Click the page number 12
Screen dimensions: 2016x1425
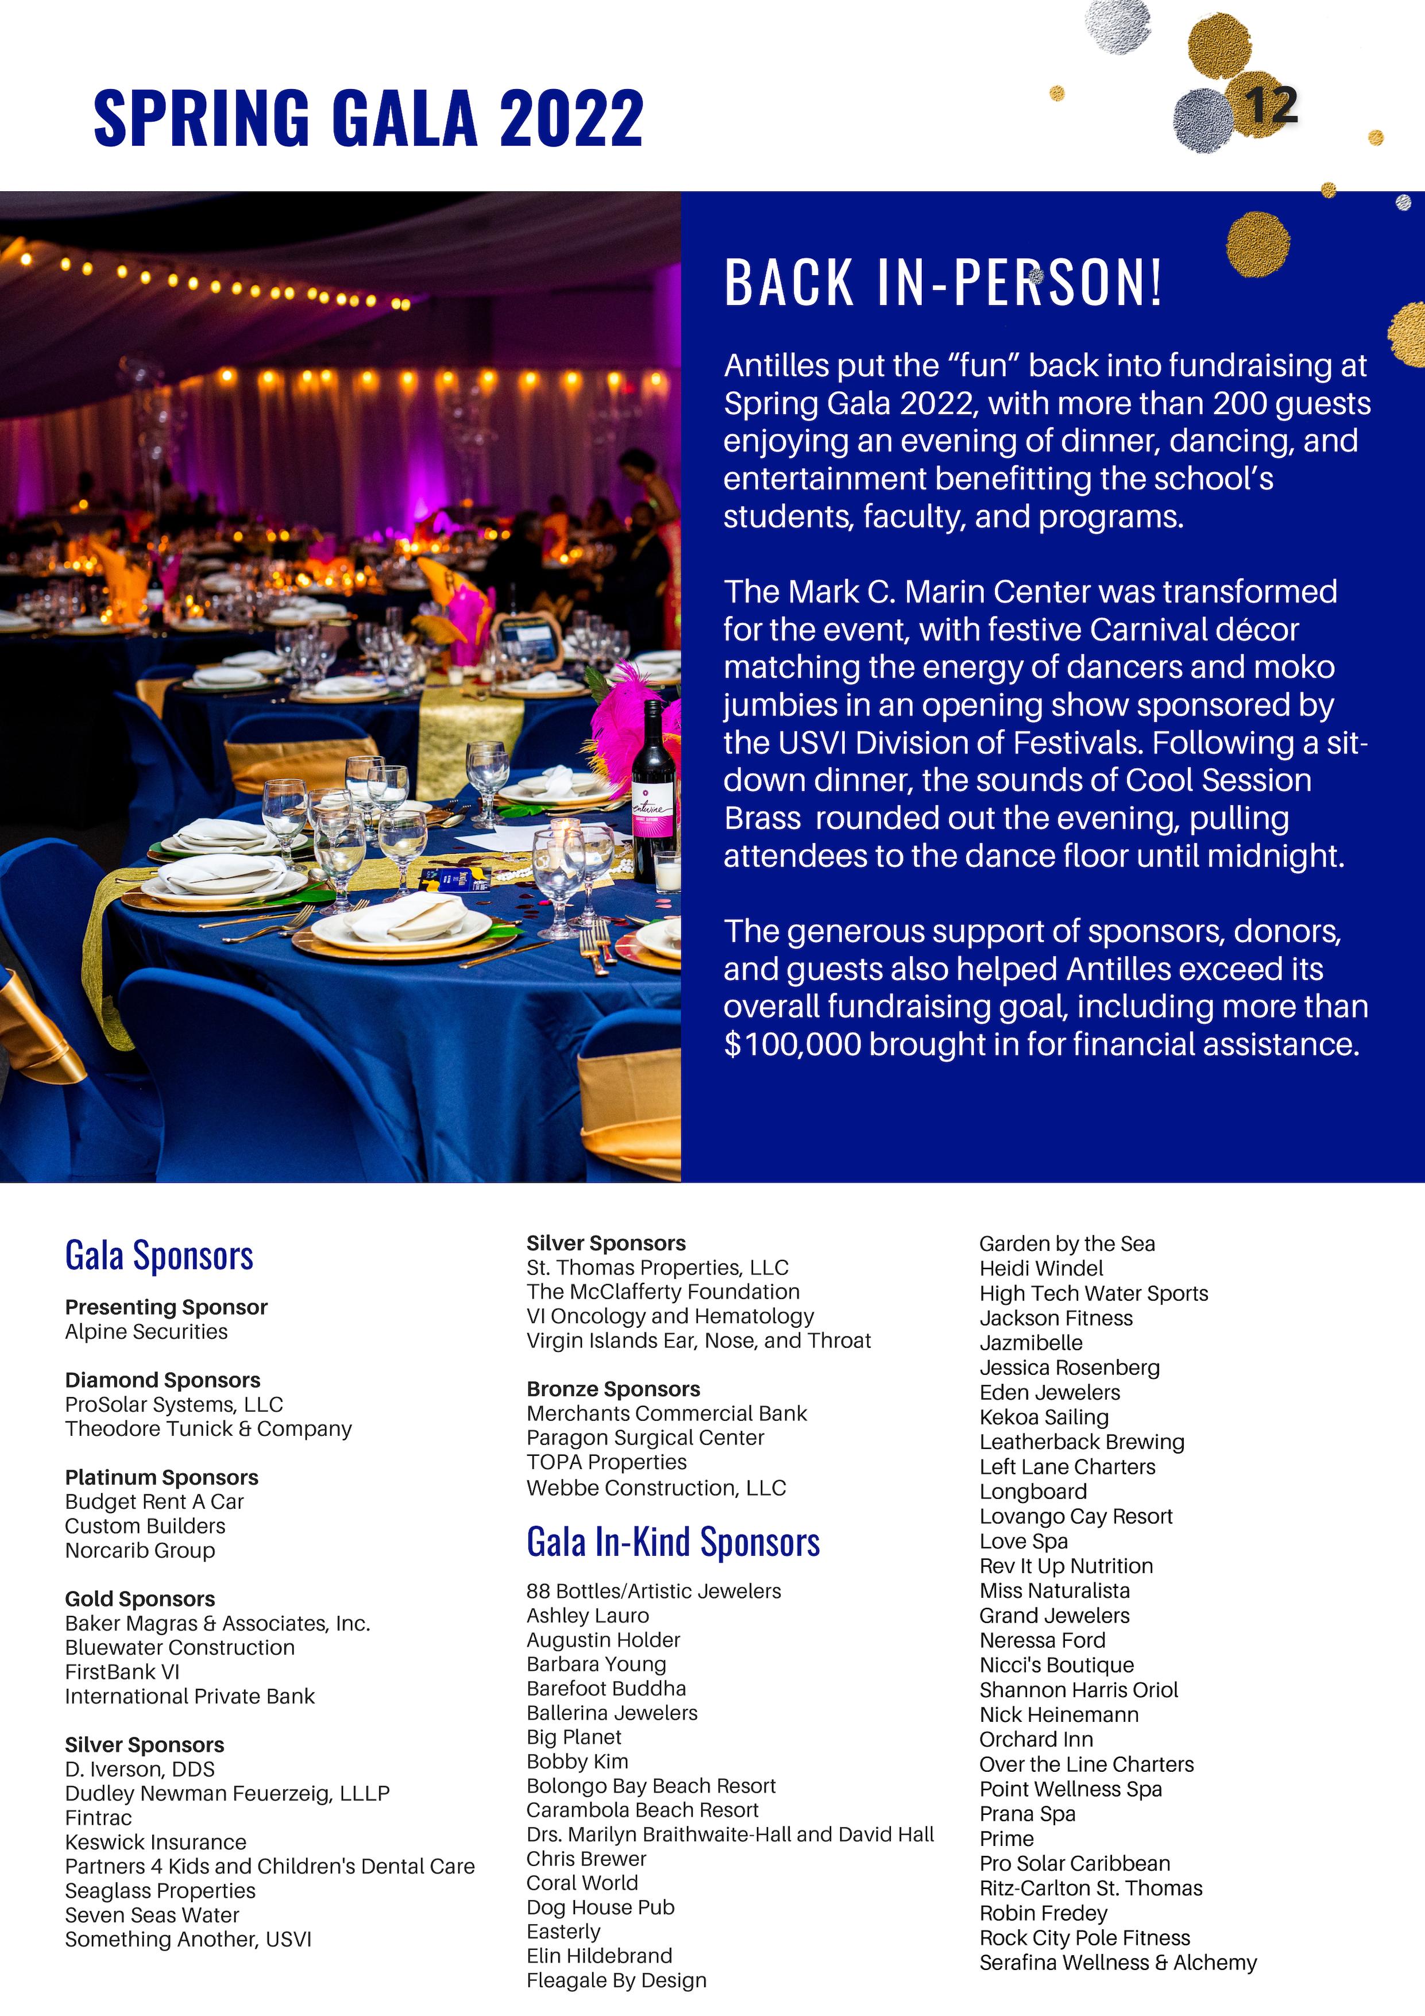1269,106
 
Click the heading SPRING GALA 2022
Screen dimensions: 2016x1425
369,118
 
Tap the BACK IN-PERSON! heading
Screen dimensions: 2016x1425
943,283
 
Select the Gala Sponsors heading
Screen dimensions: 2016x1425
159,1255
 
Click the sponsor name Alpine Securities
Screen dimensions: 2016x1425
146,1331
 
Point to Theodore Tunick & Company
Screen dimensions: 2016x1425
208,1429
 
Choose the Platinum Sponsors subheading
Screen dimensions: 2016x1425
161,1477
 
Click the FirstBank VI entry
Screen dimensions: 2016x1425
122,1672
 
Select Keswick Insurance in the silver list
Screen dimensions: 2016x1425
156,1842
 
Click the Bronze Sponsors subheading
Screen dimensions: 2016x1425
613,1389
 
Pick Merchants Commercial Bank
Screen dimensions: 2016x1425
666,1414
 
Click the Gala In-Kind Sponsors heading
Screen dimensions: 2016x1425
673,1543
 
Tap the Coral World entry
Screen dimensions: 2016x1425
582,1883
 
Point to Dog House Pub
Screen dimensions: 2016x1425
601,1907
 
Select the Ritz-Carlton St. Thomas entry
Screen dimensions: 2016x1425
1091,1888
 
